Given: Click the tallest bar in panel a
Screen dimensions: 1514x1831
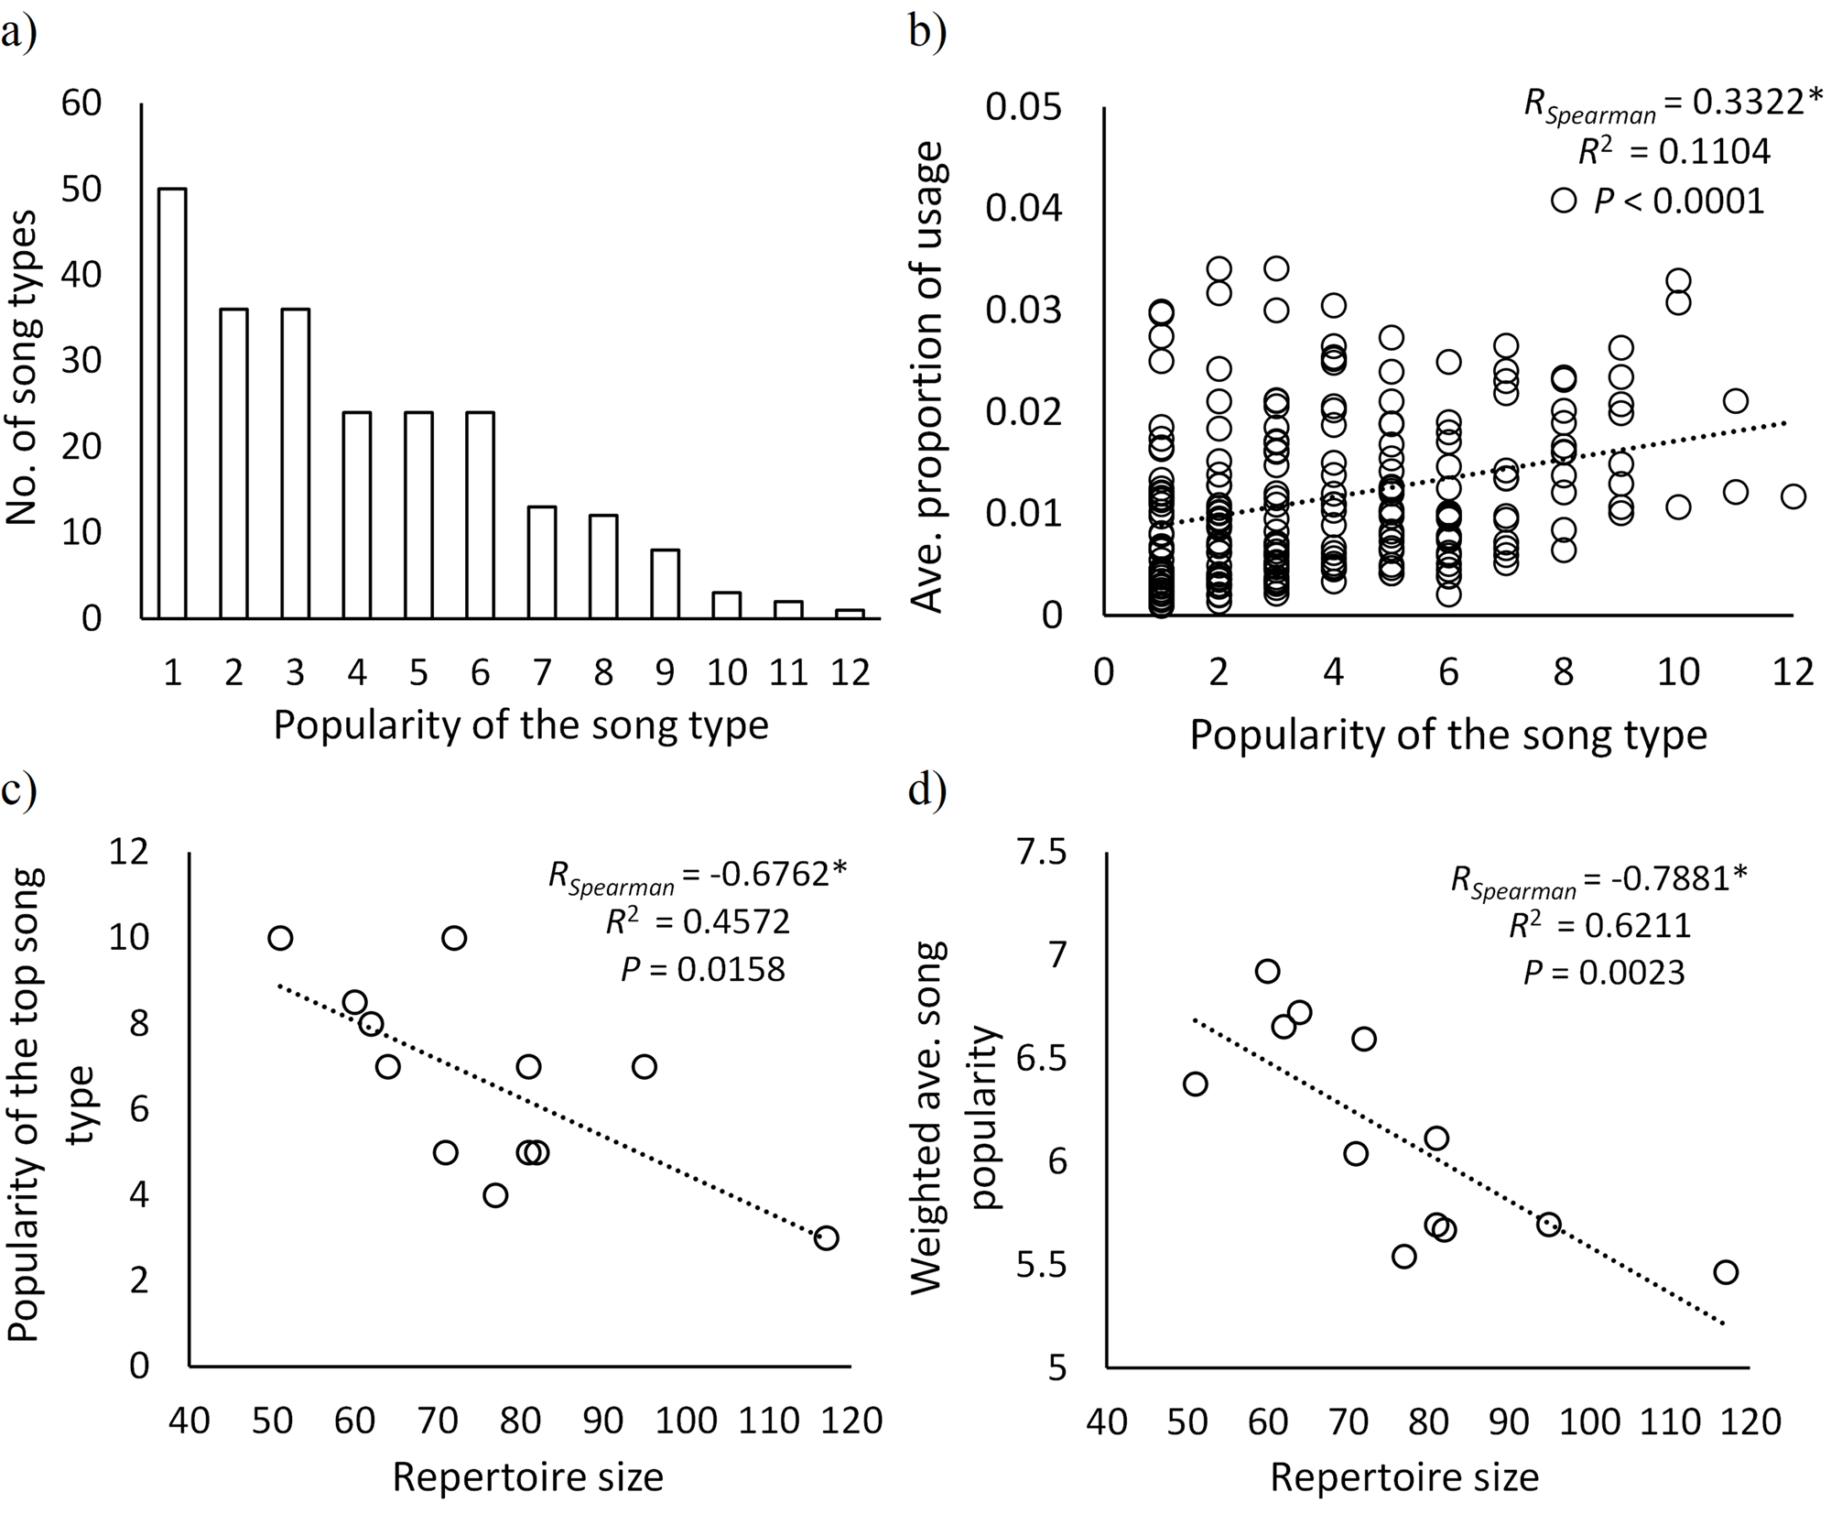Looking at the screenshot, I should coord(172,403).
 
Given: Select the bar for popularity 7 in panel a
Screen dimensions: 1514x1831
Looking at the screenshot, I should coord(542,562).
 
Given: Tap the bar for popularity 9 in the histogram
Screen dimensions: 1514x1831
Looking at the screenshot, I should coord(666,583).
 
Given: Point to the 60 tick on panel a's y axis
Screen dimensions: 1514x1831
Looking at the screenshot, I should coord(81,103).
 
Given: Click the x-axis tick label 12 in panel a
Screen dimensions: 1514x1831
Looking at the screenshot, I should coord(849,673).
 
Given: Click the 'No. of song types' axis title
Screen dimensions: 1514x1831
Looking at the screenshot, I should coord(22,366).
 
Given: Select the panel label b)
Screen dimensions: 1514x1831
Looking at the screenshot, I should coord(927,32).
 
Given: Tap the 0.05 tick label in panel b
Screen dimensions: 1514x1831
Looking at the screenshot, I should coord(1024,107).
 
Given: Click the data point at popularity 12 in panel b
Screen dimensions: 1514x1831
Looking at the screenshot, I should coord(1793,496).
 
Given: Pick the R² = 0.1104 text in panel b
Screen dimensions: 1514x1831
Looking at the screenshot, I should coord(1674,151).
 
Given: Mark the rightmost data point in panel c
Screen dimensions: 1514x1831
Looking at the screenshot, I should coord(826,1238).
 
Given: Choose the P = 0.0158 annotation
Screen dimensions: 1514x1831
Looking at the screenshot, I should coord(703,969).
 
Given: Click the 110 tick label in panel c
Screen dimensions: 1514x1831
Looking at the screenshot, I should coord(768,1420).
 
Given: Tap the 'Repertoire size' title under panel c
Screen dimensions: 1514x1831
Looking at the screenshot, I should coord(527,1477).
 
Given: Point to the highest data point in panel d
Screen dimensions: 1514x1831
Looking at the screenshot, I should coord(1267,971).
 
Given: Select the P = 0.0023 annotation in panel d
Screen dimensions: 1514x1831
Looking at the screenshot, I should coord(1604,973).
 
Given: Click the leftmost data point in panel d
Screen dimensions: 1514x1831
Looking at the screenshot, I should coord(1195,1084).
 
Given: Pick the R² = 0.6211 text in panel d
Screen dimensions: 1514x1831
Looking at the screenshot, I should coord(1600,925).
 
